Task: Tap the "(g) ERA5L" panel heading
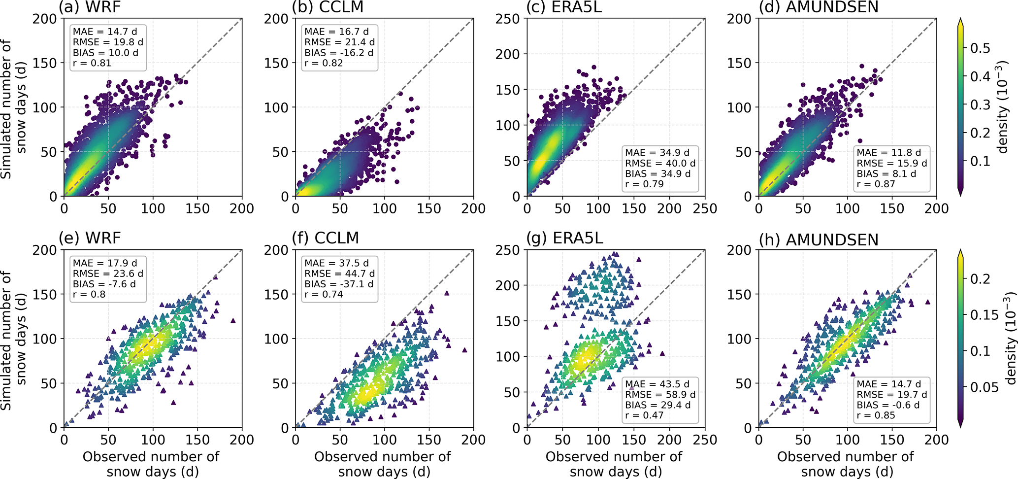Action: pos(564,238)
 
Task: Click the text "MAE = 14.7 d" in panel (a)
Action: pos(105,32)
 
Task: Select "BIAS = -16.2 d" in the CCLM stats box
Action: pos(339,53)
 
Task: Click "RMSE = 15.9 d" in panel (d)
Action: pos(892,163)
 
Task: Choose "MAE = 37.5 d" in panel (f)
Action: pos(336,263)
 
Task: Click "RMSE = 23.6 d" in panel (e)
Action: pos(108,274)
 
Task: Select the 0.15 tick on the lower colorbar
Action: pos(984,315)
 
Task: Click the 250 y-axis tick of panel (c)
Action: pos(507,19)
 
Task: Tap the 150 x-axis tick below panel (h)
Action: pos(892,440)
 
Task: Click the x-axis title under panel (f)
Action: pos(383,464)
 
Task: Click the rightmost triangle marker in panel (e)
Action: pos(233,321)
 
